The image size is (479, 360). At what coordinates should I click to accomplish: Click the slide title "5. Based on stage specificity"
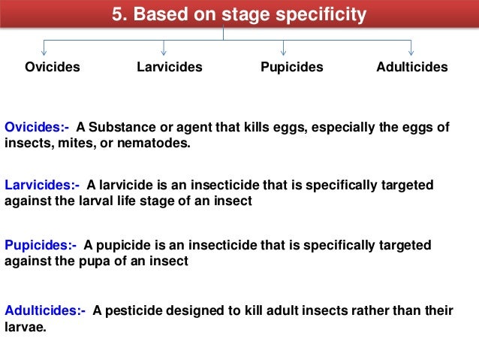239,15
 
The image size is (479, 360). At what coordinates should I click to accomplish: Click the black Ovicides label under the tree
53,67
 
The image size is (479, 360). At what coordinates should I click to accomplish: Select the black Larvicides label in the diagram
170,67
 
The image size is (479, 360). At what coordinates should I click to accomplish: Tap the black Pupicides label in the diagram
291,67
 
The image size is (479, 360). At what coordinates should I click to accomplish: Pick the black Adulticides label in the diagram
411,67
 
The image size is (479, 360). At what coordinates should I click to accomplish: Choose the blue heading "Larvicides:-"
42,185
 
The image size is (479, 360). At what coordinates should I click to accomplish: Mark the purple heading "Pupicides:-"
41,245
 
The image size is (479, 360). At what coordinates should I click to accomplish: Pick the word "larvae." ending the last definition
26,326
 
